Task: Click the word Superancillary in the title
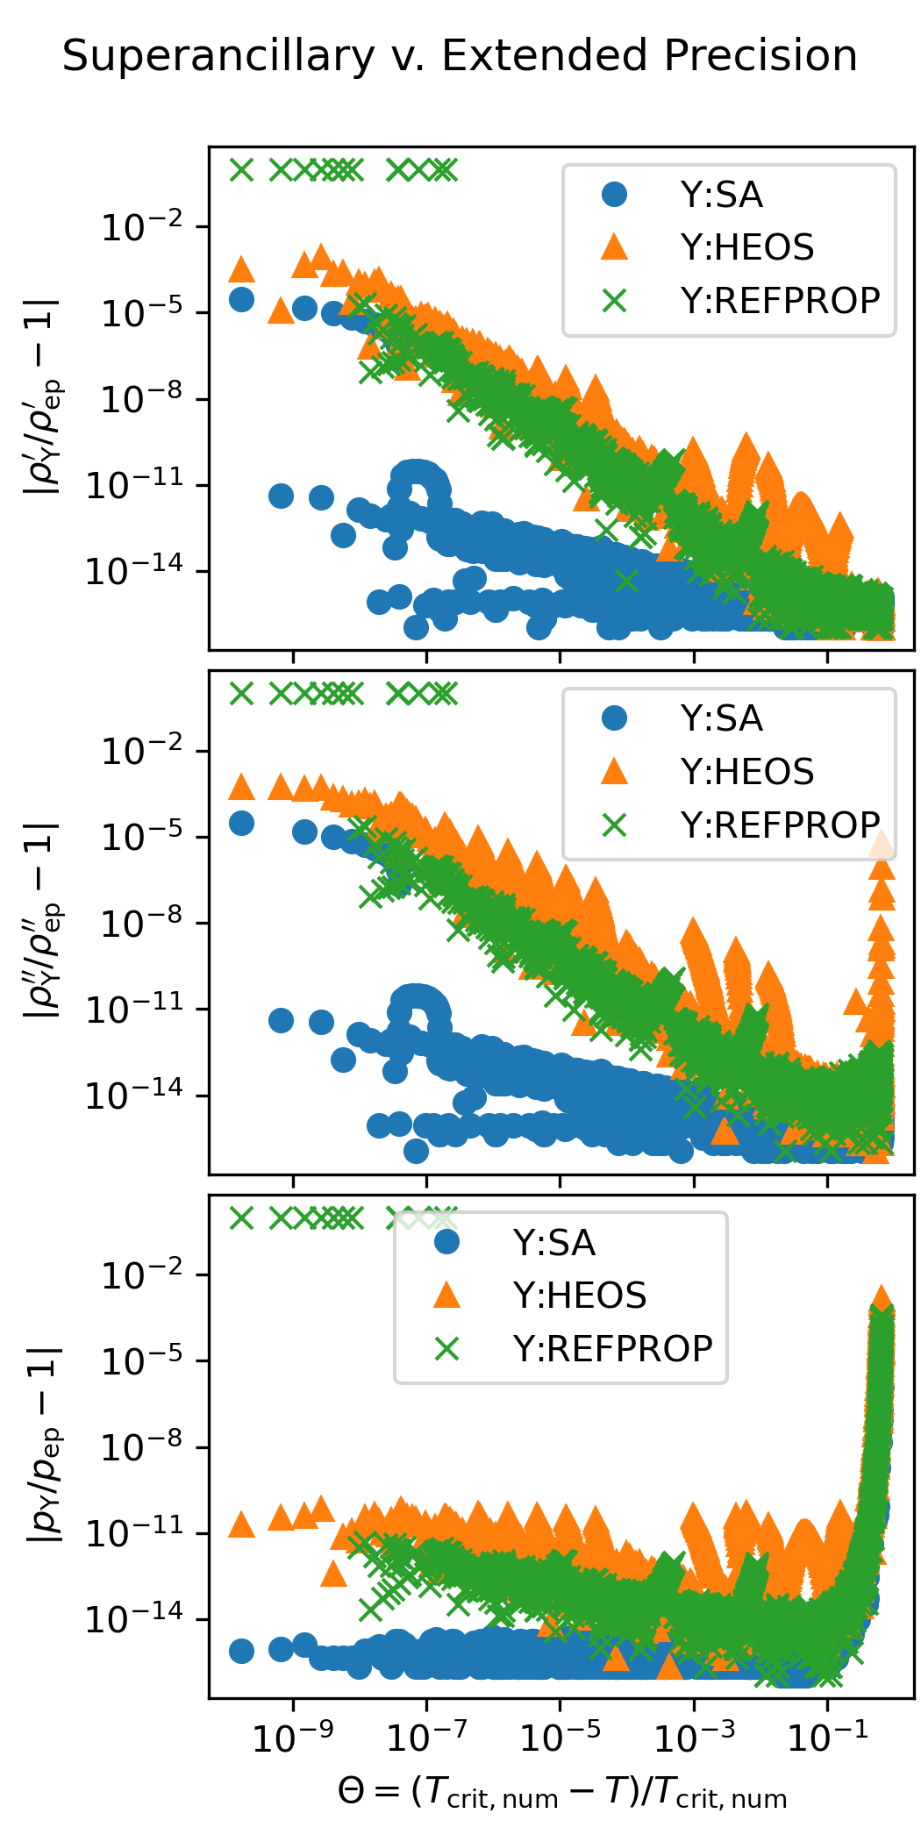tap(218, 57)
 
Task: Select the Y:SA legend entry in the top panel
tap(721, 195)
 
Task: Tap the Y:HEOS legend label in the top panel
tap(747, 248)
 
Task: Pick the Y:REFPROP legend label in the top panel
tap(780, 301)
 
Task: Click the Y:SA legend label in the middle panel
tap(721, 719)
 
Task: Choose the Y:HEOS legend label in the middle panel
tap(747, 772)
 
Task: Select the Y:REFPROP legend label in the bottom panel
tap(612, 1349)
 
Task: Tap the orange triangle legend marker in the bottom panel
tap(447, 1296)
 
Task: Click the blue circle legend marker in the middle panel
tap(615, 719)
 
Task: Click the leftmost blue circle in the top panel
tap(241, 299)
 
